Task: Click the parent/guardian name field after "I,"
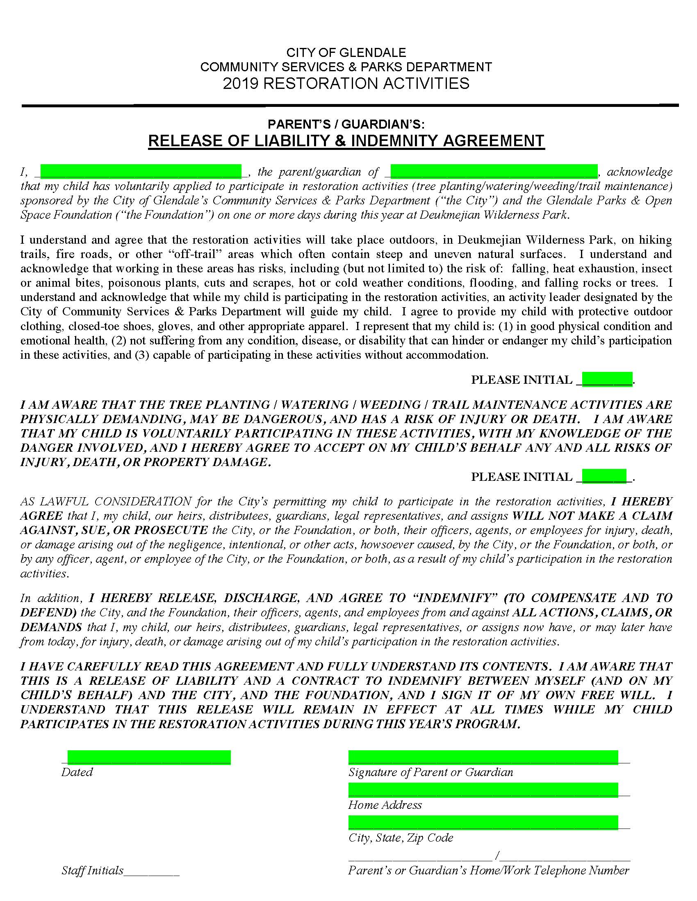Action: (141, 170)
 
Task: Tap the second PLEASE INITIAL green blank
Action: (604, 475)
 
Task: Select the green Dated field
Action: (149, 757)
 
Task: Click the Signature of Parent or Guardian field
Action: (483, 757)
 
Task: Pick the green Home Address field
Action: (483, 790)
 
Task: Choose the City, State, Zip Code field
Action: (483, 822)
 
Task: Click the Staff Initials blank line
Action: (152, 871)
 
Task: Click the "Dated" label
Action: (77, 772)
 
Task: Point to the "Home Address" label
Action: (385, 805)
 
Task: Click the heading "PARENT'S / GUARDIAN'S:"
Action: (346, 124)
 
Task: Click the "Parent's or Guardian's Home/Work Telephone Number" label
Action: (488, 870)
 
